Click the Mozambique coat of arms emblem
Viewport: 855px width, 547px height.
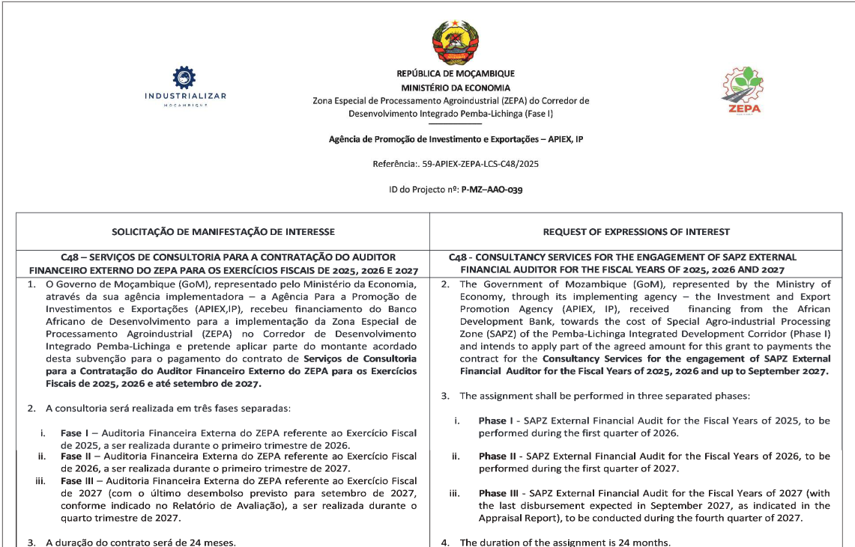456,43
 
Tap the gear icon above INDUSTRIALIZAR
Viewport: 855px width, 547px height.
184,78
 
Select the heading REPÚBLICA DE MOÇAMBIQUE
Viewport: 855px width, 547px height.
456,74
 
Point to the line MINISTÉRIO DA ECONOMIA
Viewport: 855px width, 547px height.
456,88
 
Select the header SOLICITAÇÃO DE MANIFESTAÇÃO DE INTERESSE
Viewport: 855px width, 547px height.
223,232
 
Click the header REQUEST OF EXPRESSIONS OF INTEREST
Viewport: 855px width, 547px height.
636,232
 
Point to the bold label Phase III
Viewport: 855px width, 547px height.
500,493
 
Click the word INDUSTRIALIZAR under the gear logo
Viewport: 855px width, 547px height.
185,96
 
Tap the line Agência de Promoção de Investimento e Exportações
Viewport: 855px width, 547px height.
456,139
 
